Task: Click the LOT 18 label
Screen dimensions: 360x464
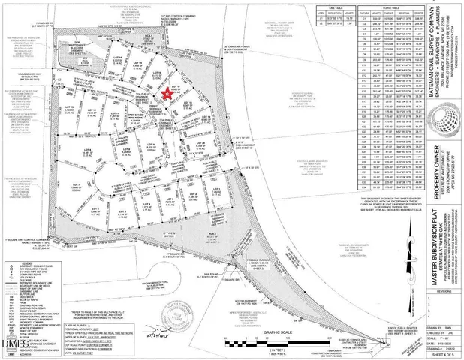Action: [191, 102]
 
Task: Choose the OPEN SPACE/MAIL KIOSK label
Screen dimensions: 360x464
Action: [134, 118]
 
